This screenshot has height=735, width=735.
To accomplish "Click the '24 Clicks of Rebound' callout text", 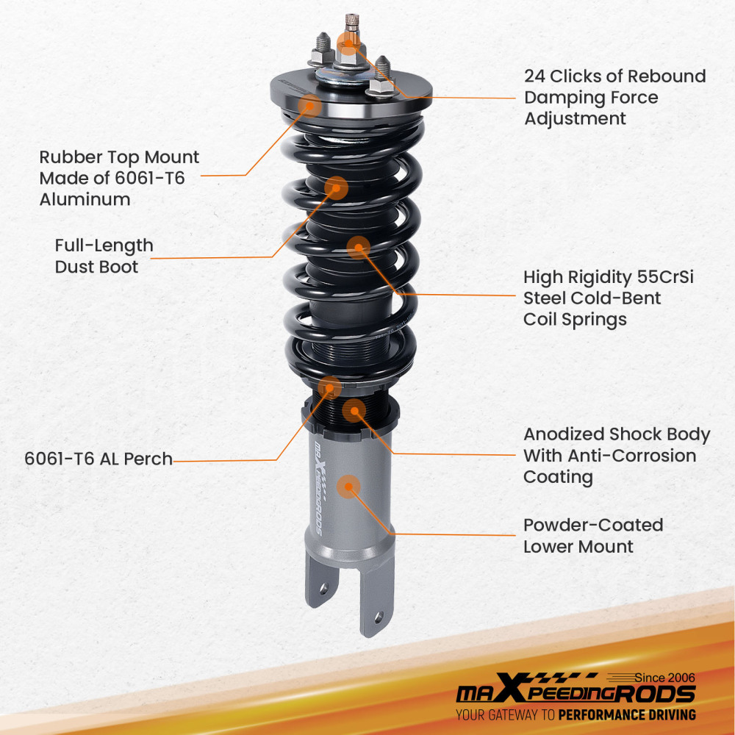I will click(614, 76).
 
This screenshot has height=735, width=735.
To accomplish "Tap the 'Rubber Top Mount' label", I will click(119, 157).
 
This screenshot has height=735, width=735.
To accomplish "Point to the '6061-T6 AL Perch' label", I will click(98, 459).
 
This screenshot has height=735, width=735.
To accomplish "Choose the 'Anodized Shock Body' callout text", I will click(617, 434).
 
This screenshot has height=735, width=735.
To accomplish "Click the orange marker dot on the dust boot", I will click(336, 187).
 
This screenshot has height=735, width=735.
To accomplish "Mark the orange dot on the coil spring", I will click(358, 248).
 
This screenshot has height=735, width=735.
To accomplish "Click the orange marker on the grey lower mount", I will click(348, 487).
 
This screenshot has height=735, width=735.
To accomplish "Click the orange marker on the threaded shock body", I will click(354, 410).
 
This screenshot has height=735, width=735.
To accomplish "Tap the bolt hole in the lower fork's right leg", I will click(379, 617).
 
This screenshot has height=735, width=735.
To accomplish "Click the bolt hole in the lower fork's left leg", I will click(320, 587).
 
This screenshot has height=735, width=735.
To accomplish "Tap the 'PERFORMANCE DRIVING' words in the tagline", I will click(627, 714).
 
